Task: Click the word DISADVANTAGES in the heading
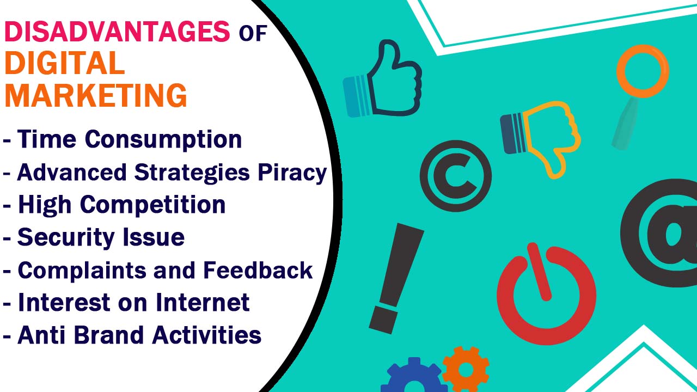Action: point(117,33)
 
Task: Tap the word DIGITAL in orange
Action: point(65,64)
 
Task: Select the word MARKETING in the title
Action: point(96,95)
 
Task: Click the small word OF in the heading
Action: point(253,34)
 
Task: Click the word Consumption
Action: point(163,140)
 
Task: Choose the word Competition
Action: point(153,205)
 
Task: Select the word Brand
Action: point(113,335)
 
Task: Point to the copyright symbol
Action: point(456,176)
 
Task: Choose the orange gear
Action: point(466,367)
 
